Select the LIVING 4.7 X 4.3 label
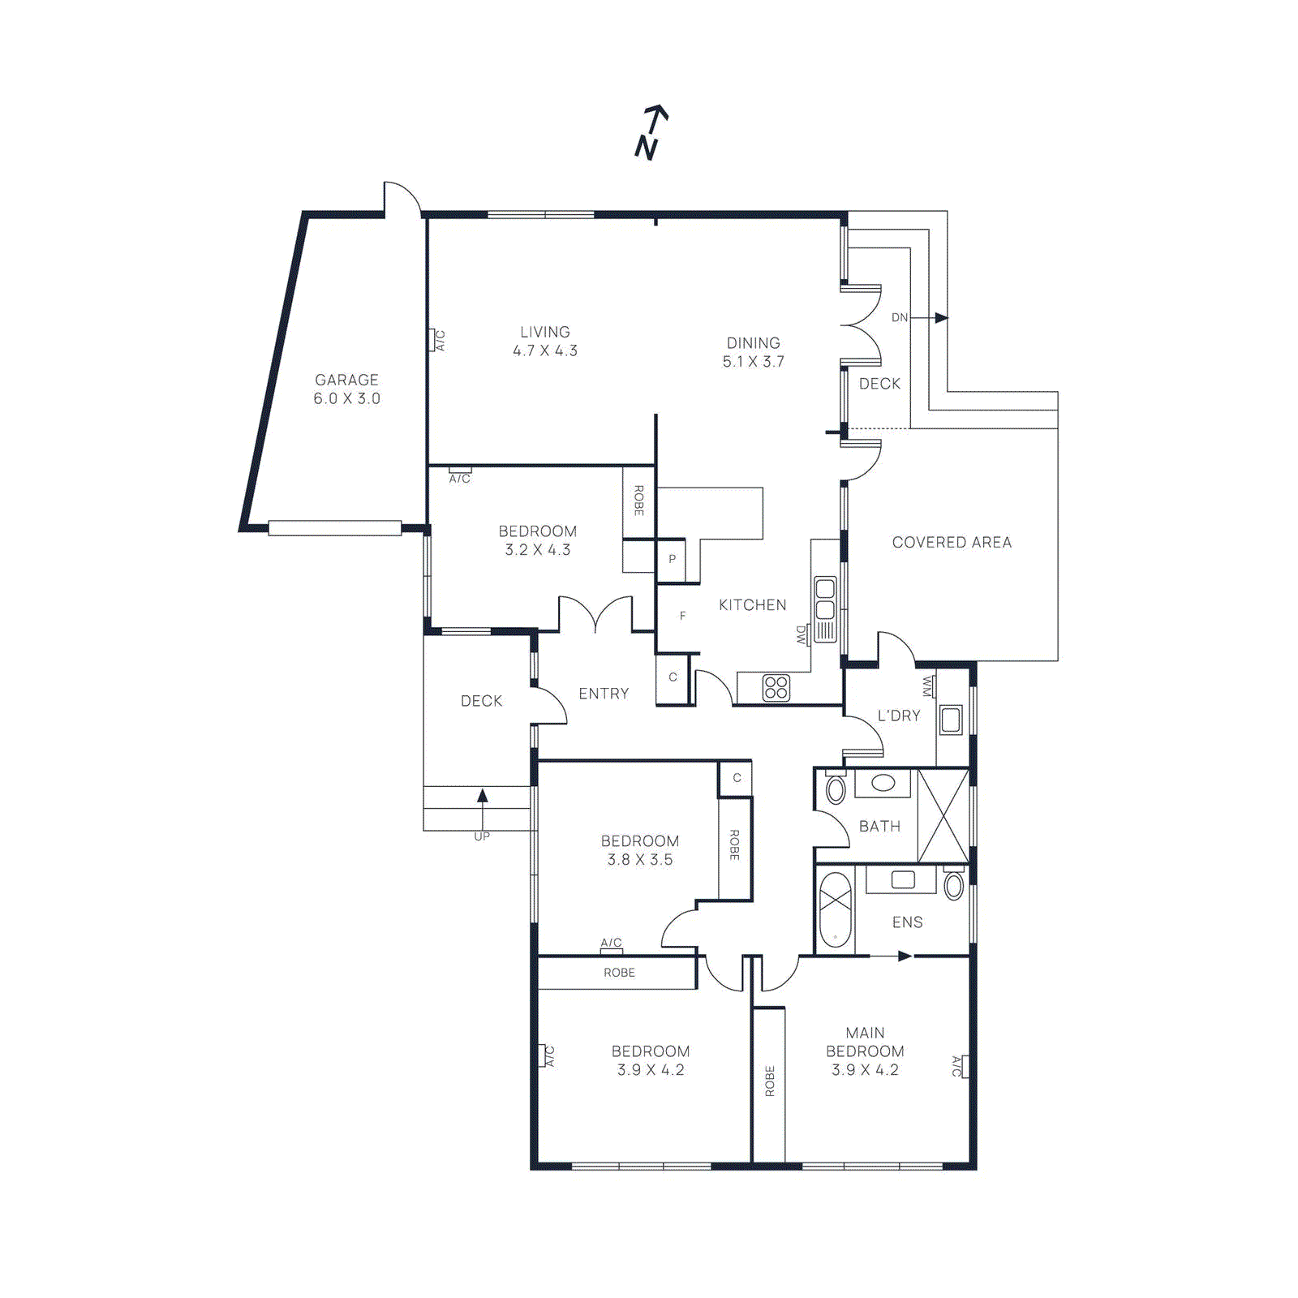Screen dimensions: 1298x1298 (544, 341)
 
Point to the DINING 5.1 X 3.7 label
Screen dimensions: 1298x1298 (753, 352)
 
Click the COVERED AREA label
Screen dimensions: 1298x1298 (952, 542)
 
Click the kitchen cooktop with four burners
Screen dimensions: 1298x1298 (776, 687)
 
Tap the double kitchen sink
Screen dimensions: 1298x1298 (825, 599)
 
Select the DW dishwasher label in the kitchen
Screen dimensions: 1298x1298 (802, 634)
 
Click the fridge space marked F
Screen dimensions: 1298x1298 (682, 616)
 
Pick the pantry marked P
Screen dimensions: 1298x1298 (672, 559)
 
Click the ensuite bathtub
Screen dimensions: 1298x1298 (835, 909)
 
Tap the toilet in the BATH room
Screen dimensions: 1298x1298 (835, 789)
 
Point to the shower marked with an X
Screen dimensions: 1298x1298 (943, 816)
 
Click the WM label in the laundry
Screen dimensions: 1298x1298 (927, 686)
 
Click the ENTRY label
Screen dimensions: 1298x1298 (604, 694)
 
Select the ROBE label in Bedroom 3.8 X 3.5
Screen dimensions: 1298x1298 (734, 845)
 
